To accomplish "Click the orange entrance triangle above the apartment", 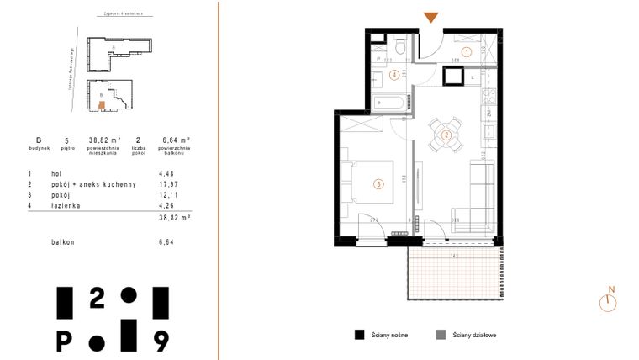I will (x=430, y=17).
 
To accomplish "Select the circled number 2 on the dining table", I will (x=446, y=134).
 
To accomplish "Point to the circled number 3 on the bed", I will (x=378, y=184).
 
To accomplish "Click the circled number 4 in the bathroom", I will (x=393, y=73).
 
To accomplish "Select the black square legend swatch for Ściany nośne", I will (x=359, y=334).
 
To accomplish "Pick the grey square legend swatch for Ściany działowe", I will (x=441, y=334).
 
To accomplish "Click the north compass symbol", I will (x=608, y=302).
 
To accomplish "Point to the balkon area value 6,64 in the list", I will (x=171, y=242).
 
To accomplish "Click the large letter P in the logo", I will (x=64, y=340).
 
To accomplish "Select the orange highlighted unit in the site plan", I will (x=101, y=106).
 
